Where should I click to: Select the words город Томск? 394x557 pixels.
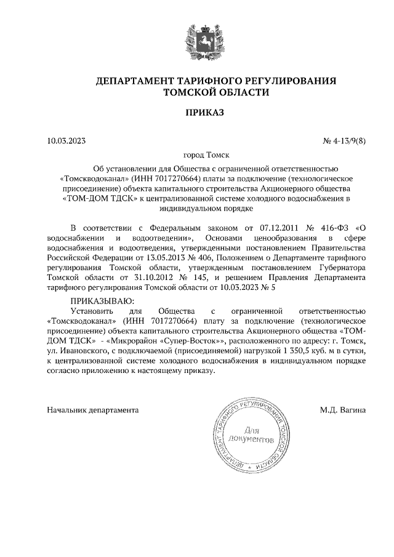[x=197, y=156]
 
